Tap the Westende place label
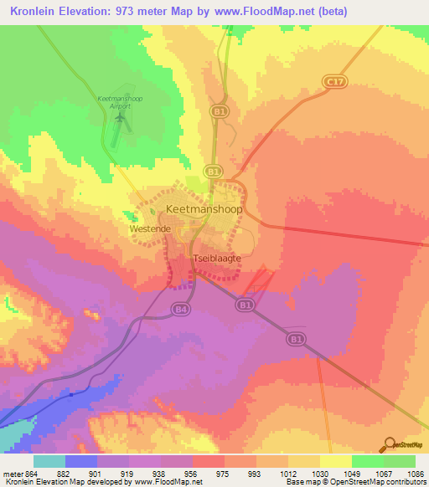click(151, 228)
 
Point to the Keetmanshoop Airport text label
click(121, 102)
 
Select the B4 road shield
click(180, 310)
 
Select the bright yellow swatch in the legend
click(336, 461)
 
